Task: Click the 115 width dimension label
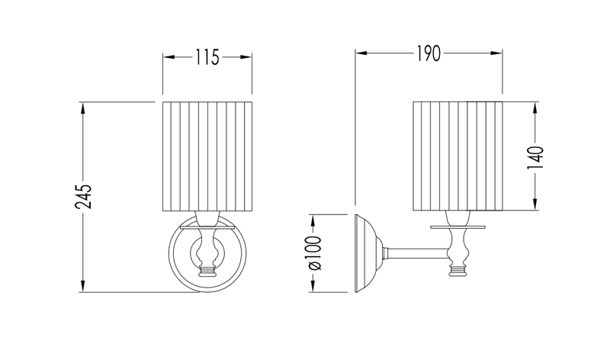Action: [207, 57]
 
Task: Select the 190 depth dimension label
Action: [429, 54]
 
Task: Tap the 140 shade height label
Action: [535, 156]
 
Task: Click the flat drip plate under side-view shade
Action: [457, 227]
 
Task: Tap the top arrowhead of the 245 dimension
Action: [84, 107]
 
